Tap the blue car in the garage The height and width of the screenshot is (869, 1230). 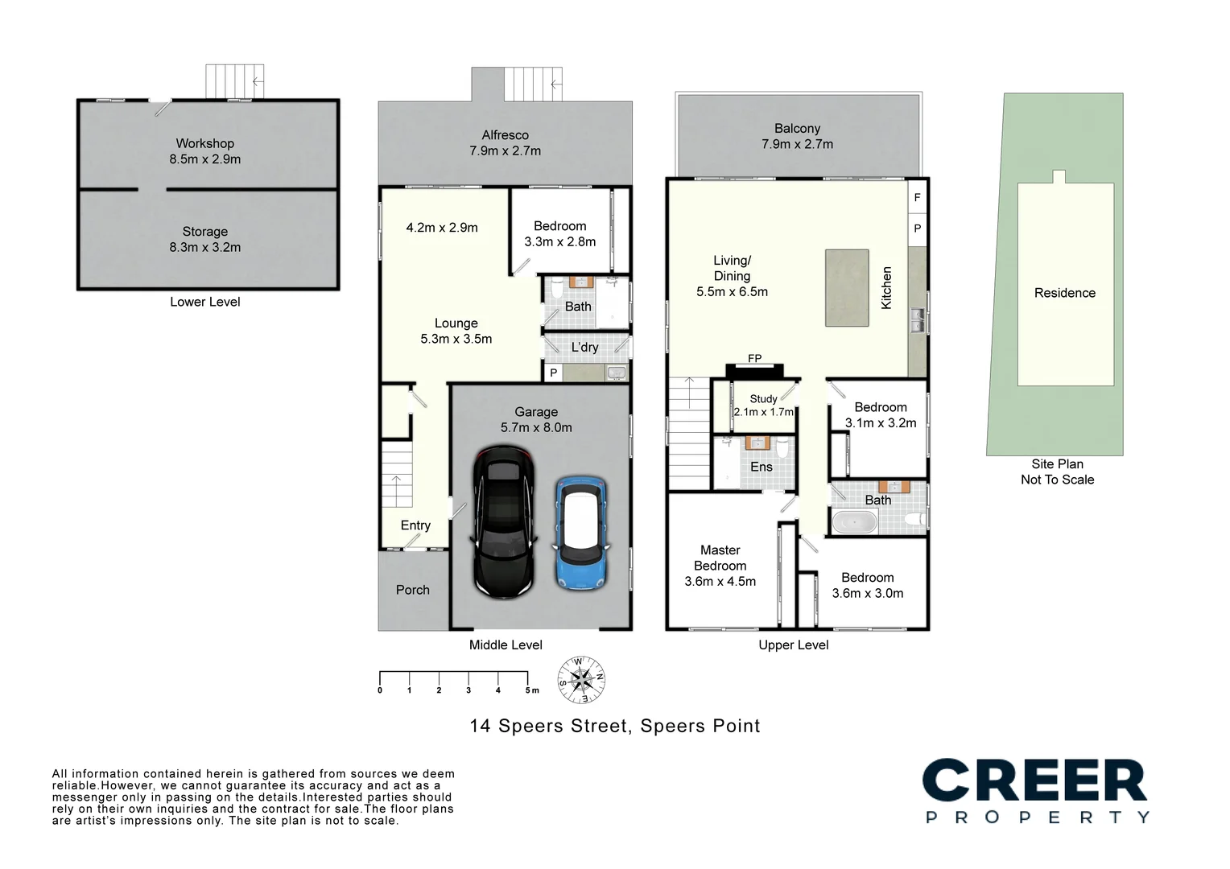point(580,533)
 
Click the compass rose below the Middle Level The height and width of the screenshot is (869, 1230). point(581,679)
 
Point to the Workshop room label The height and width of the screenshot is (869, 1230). point(205,144)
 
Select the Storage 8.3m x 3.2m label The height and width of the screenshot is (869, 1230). point(205,240)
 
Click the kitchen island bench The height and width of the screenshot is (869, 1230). point(846,287)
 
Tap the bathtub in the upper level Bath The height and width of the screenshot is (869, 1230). point(854,522)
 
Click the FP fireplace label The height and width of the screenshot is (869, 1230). point(754,359)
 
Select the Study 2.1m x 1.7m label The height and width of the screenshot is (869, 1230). point(763,406)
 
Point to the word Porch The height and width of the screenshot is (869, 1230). point(412,590)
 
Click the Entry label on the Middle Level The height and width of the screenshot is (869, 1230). point(415,525)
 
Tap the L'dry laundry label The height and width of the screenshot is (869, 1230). point(584,348)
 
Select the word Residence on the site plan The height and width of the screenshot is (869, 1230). point(1064,293)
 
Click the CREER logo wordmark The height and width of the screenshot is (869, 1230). point(1034,780)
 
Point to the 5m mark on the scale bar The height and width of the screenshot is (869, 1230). point(529,690)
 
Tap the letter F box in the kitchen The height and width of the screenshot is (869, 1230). point(917,197)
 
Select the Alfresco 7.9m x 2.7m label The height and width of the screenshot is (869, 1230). point(505,143)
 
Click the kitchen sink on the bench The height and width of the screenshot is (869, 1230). point(917,319)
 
